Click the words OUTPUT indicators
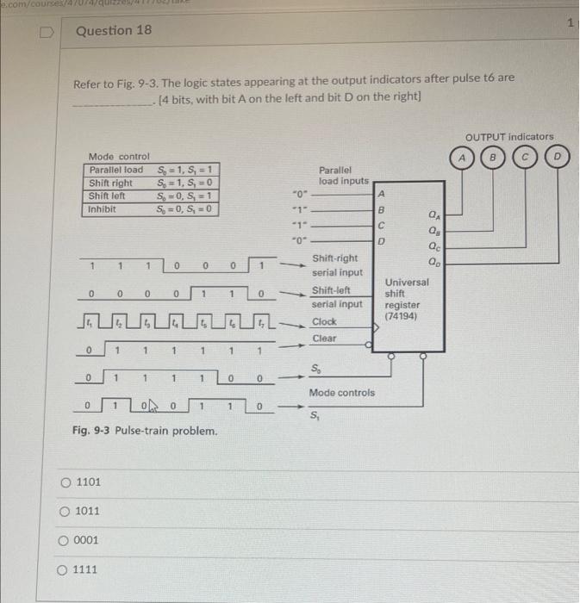[509, 137]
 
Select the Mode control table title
[119, 156]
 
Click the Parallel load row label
[116, 169]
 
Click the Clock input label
[324, 320]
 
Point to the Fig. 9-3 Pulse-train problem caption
[144, 430]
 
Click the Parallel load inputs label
[343, 176]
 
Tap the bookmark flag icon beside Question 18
[48, 31]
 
